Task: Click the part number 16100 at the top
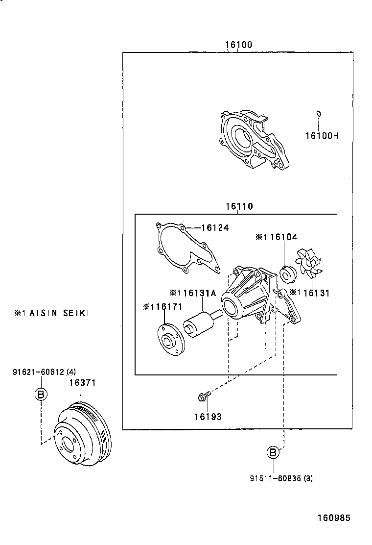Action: [238, 45]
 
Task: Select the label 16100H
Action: [322, 135]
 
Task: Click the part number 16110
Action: [239, 207]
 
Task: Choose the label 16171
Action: [166, 307]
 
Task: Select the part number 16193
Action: [208, 417]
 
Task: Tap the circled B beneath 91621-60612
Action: [42, 395]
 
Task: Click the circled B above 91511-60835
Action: [273, 452]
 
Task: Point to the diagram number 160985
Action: [334, 518]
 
